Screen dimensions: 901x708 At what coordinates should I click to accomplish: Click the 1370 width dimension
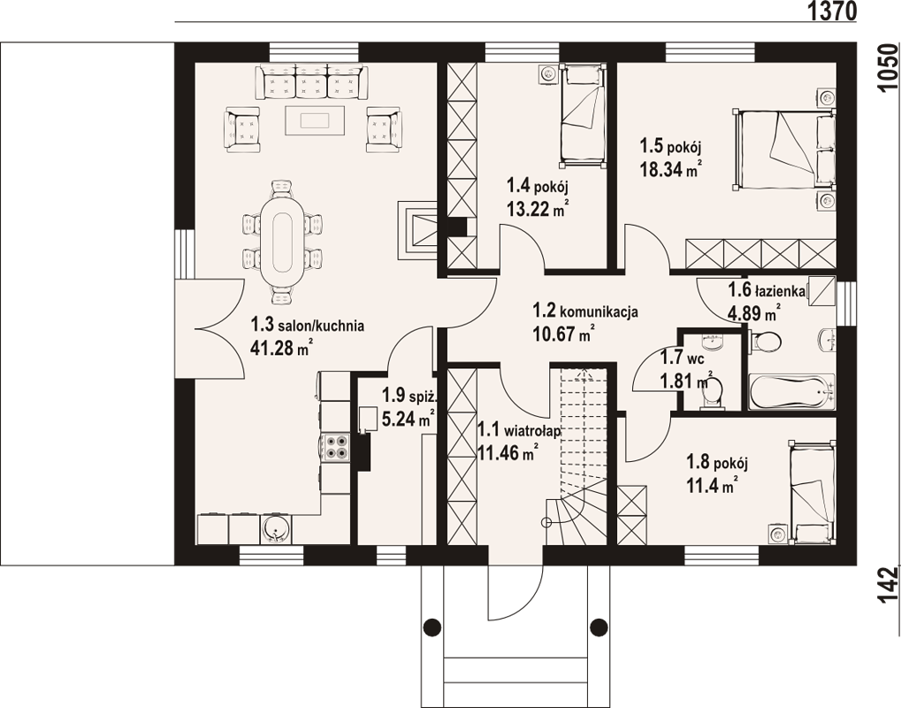[832, 11]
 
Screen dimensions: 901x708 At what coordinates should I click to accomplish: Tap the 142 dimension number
[888, 585]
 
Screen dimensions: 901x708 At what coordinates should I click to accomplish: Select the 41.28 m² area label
[281, 348]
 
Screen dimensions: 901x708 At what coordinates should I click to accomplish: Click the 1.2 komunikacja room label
[585, 312]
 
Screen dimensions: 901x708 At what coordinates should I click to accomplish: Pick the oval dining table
[281, 242]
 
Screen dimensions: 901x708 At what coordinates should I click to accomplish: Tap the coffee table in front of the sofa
[314, 120]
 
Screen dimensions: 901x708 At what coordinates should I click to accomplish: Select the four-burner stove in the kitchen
[336, 447]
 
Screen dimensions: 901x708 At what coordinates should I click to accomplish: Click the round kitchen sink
[277, 528]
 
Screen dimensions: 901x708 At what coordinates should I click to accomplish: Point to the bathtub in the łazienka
[792, 392]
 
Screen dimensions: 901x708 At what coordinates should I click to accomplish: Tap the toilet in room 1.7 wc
[713, 395]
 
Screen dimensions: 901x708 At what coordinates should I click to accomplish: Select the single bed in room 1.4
[582, 115]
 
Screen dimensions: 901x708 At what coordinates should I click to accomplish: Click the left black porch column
[432, 627]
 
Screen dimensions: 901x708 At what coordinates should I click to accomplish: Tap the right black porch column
[599, 627]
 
